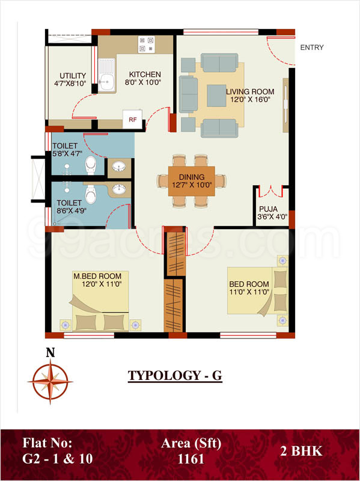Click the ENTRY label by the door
coord(311,47)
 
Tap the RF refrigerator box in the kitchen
coord(131,119)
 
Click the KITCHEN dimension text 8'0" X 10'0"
coord(142,82)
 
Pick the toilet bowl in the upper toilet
coord(91,164)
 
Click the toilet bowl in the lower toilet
coord(91,194)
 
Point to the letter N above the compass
coord(50,354)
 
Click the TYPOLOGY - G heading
coord(175,376)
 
